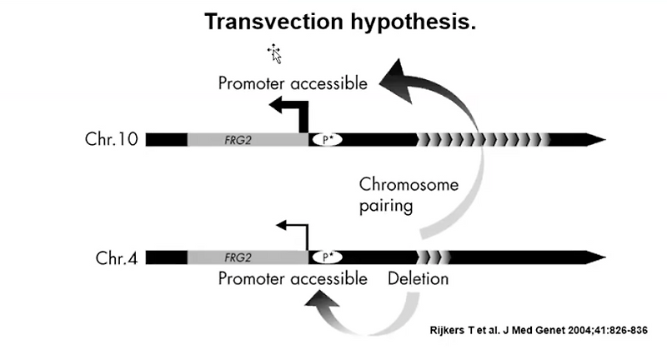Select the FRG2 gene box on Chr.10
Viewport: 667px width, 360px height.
click(x=247, y=139)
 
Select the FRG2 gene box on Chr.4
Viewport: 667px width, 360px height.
click(x=247, y=257)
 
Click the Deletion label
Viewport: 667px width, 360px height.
click(x=418, y=278)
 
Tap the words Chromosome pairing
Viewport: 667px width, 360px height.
click(x=409, y=194)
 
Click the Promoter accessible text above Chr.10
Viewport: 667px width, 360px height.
click(x=293, y=83)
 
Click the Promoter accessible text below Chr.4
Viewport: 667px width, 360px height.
click(x=293, y=278)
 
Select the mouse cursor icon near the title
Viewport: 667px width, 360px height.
click(x=274, y=55)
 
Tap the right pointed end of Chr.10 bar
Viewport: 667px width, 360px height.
click(x=598, y=139)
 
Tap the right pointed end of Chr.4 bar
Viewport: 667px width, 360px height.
click(x=598, y=257)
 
